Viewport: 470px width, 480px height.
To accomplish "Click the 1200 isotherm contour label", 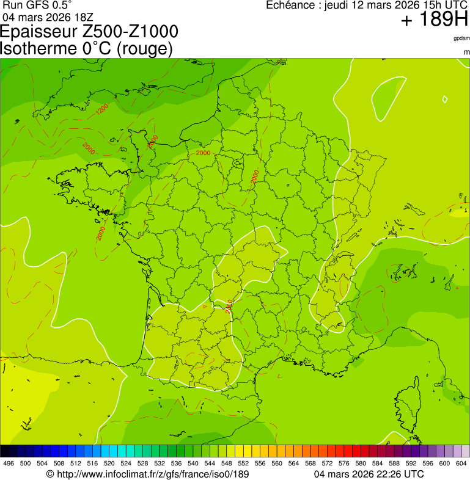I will [102, 109].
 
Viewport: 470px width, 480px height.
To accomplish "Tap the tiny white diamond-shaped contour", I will [445, 99].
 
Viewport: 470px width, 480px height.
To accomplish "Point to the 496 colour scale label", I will [9, 464].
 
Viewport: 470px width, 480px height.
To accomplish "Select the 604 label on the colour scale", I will [461, 464].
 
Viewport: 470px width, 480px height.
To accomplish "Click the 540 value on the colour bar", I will [193, 464].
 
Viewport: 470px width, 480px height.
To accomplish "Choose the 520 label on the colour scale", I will [109, 464].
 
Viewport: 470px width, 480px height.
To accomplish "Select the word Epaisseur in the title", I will [45, 32].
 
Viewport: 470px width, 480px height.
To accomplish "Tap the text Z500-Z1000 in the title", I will [136, 32].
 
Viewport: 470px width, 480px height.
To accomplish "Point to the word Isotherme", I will [37, 48].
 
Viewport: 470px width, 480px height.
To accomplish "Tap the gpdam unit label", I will [461, 38].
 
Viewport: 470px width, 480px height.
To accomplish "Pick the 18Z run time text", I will [83, 16].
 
